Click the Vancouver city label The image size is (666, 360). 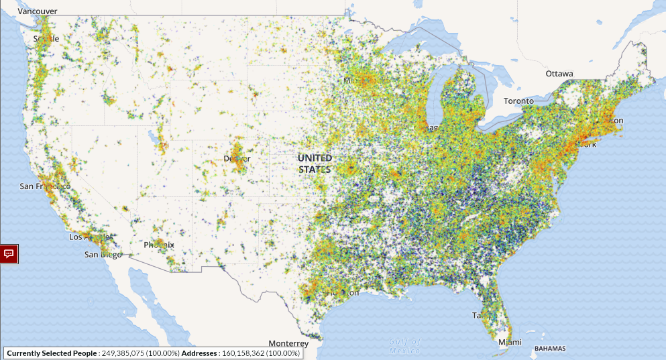(38, 11)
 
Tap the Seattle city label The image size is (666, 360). (46, 39)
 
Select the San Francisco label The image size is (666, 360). (45, 186)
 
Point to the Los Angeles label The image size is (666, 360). (91, 237)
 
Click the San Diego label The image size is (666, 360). (103, 255)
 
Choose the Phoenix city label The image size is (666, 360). (159, 245)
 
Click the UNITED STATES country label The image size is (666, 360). (315, 164)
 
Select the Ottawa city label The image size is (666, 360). (559, 74)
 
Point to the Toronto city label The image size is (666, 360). (518, 101)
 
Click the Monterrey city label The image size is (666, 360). (288, 343)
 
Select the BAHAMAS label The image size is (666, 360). (549, 349)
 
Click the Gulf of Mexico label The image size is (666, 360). (405, 345)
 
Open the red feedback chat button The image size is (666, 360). (9, 253)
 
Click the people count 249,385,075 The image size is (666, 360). (125, 353)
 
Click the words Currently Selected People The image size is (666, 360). (52, 353)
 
